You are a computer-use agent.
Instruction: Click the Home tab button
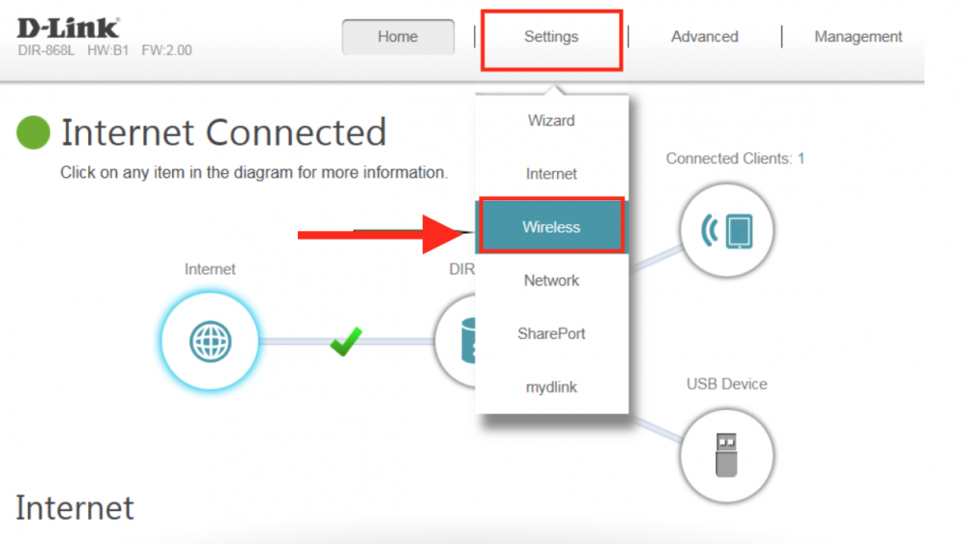[x=397, y=37]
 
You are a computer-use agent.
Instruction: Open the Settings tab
[x=551, y=37]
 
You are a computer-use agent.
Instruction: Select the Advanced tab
[x=704, y=37]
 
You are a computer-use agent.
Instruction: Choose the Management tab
[x=858, y=37]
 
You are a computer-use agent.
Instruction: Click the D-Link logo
[x=68, y=28]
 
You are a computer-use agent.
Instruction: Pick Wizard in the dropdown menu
[x=551, y=121]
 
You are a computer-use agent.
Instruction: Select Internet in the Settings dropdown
[x=551, y=174]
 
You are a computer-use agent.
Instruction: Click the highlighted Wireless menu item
[x=551, y=227]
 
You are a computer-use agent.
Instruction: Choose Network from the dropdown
[x=551, y=280]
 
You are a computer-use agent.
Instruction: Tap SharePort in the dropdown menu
[x=551, y=334]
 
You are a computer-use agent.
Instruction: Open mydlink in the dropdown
[x=551, y=387]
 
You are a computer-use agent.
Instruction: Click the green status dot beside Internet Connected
[x=33, y=132]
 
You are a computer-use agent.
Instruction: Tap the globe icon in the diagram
[x=210, y=341]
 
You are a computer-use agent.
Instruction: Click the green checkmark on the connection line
[x=346, y=341]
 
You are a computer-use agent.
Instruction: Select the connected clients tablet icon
[x=726, y=230]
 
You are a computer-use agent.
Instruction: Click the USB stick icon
[x=726, y=455]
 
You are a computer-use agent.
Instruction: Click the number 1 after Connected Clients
[x=801, y=158]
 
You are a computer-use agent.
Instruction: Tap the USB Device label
[x=726, y=384]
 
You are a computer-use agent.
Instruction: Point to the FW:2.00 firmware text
[x=166, y=50]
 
